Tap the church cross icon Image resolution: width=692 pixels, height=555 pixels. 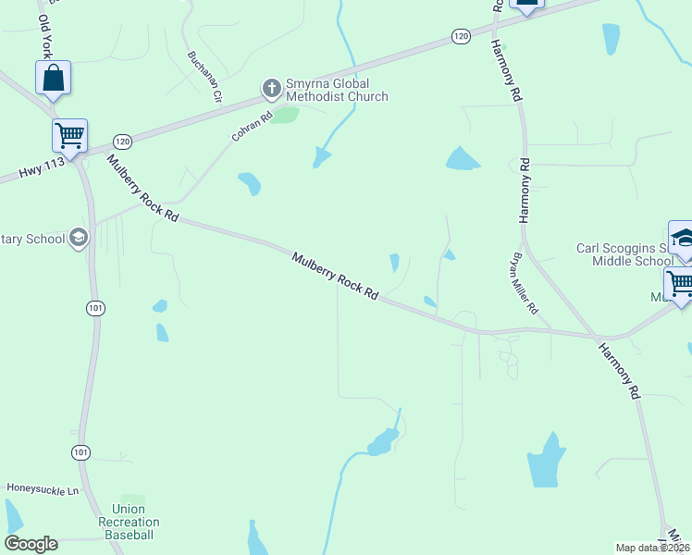tap(271, 90)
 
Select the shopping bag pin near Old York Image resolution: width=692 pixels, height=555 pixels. tap(54, 80)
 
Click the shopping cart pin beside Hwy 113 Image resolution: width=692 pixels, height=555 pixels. tap(70, 136)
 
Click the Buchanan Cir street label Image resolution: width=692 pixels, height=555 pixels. tap(205, 75)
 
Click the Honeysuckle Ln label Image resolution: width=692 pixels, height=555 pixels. tap(43, 487)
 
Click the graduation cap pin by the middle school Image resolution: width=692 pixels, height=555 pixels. tap(682, 239)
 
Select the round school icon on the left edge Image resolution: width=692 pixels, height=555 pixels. tap(79, 239)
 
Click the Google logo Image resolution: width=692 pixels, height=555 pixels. tap(31, 544)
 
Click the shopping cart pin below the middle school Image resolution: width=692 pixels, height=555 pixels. tap(680, 284)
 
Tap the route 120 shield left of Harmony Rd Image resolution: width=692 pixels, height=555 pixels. tap(462, 35)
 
